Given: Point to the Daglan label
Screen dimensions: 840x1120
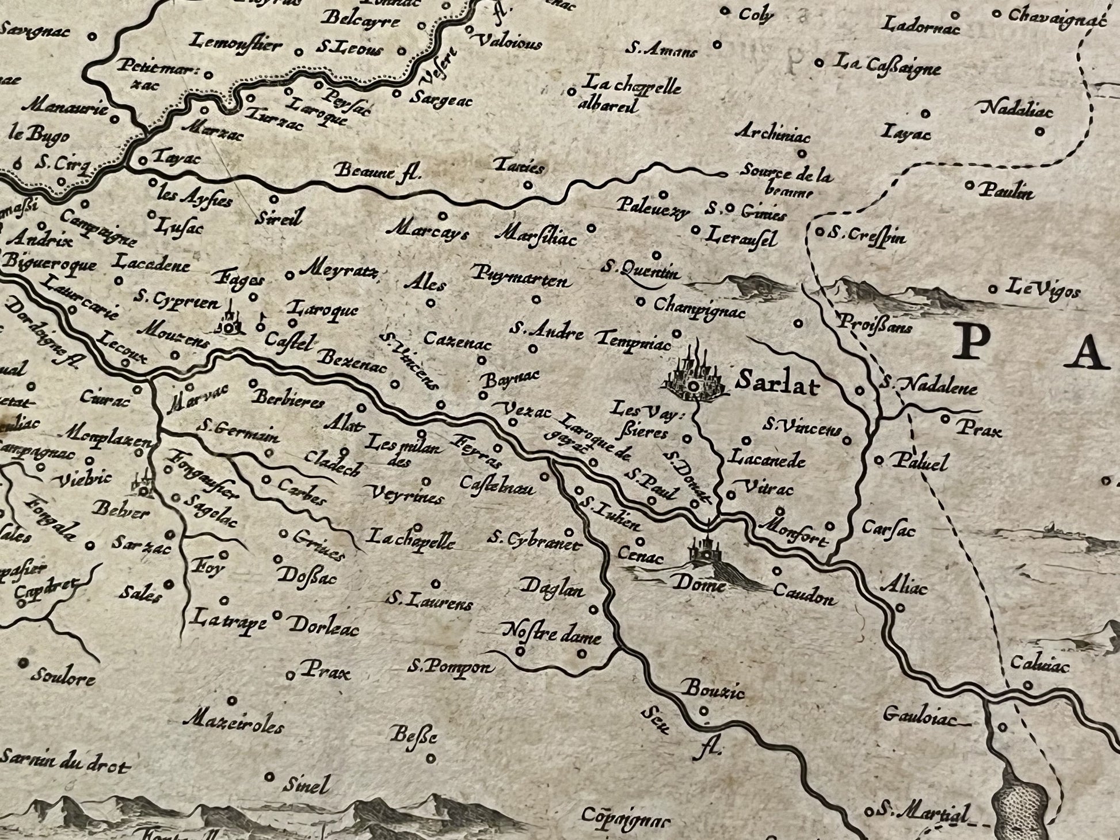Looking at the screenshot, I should (552, 589).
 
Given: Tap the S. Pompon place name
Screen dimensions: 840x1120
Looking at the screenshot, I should (450, 667).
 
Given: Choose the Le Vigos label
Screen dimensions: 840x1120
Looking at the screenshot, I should (1042, 289).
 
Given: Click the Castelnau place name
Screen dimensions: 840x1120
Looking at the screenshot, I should (497, 486).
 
